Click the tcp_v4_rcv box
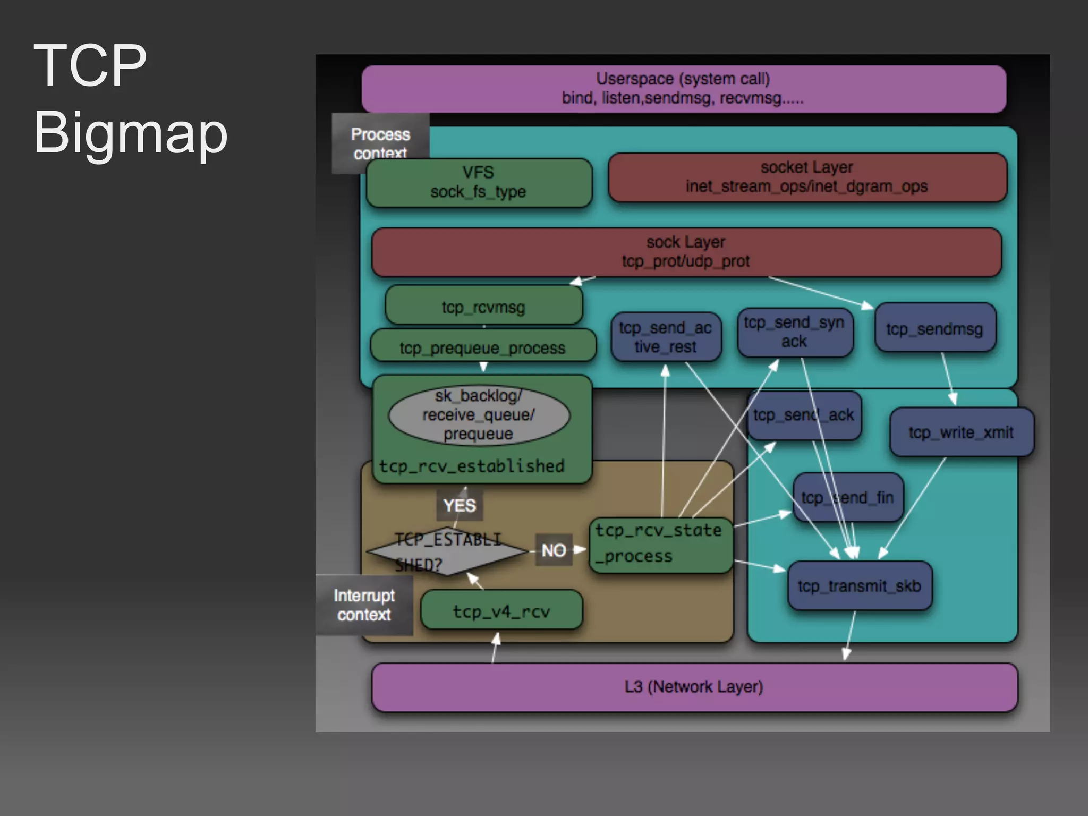(501, 611)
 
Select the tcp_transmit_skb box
(859, 586)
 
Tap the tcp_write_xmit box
(961, 432)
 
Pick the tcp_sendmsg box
(934, 329)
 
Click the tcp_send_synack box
(794, 332)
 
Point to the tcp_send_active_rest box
(665, 337)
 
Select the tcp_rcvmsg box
(483, 307)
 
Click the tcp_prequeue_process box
(482, 347)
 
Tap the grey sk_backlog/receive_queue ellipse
(478, 415)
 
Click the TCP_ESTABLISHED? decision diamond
(446, 551)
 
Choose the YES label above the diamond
(459, 505)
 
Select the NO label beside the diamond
(554, 550)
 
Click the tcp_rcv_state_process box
(660, 544)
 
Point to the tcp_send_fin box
(847, 498)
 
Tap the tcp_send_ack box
(803, 415)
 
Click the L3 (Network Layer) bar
(694, 687)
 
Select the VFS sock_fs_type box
(478, 182)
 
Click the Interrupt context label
(364, 605)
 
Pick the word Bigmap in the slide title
(130, 132)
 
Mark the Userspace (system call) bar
(683, 88)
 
